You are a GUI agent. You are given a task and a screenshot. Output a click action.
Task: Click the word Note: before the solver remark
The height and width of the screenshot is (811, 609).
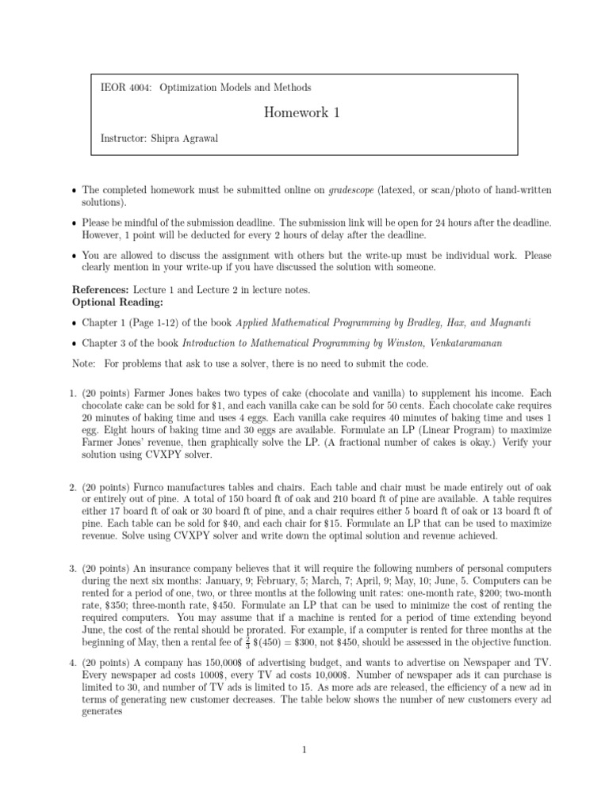click(x=85, y=363)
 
